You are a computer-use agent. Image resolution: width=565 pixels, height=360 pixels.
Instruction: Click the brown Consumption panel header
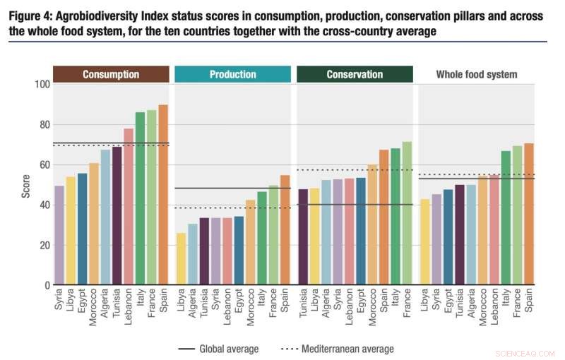(111, 74)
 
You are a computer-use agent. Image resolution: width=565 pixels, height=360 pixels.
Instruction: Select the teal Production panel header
(232, 74)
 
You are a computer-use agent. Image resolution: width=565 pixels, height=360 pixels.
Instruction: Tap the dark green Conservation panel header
(355, 74)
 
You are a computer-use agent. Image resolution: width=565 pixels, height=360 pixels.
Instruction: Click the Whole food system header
(476, 74)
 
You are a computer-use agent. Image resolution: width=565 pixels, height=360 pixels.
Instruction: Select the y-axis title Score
(26, 185)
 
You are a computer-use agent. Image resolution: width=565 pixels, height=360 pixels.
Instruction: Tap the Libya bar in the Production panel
(182, 259)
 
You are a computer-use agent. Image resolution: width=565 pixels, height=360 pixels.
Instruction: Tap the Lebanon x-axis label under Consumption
(129, 310)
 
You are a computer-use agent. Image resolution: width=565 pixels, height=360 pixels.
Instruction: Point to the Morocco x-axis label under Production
(251, 310)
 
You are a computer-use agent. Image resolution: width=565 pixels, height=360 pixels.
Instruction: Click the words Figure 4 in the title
(31, 17)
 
